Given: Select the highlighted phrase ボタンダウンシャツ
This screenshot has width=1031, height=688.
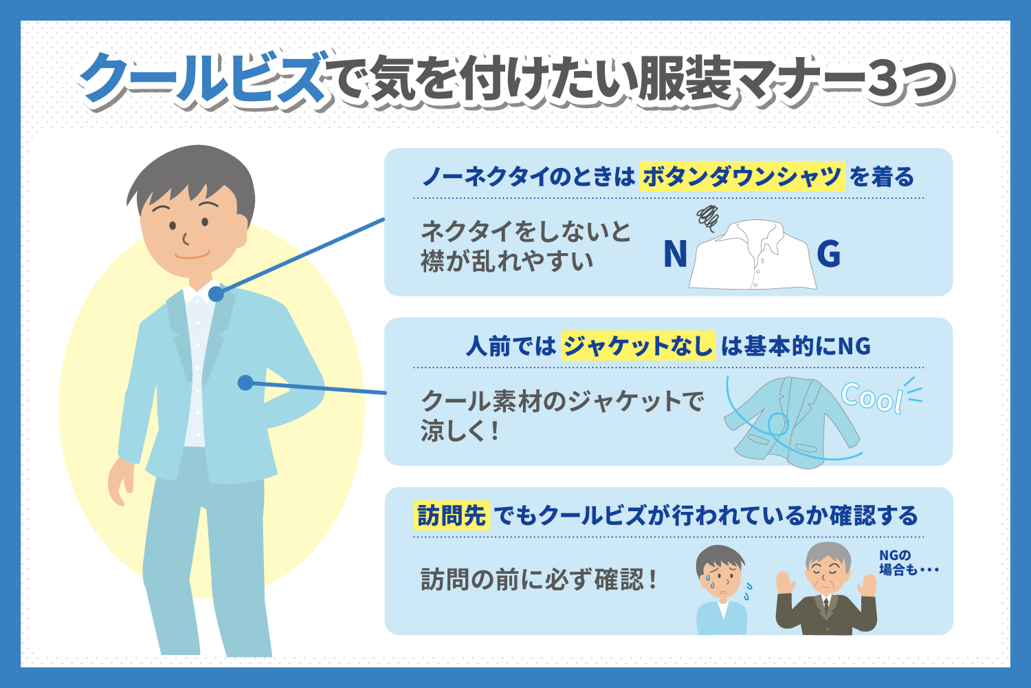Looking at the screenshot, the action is pyautogui.click(x=742, y=177).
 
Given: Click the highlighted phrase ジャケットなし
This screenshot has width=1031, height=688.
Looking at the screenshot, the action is pyautogui.click(x=638, y=345).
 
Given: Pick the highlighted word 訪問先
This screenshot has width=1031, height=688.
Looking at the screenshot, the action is pyautogui.click(x=452, y=515).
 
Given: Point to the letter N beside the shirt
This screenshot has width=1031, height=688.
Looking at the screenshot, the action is pyautogui.click(x=675, y=254).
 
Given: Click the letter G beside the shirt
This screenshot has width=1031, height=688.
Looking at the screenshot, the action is pyautogui.click(x=828, y=254).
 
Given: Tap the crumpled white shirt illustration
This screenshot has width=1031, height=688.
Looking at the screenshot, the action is pyautogui.click(x=752, y=255).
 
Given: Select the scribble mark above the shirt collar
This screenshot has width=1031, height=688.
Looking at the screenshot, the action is pyautogui.click(x=708, y=217).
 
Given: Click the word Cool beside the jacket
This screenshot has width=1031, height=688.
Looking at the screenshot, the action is pyautogui.click(x=872, y=397).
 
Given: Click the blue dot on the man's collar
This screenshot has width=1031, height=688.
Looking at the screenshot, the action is pyautogui.click(x=216, y=294).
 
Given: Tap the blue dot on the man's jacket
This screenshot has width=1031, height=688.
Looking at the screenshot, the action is pyautogui.click(x=246, y=383).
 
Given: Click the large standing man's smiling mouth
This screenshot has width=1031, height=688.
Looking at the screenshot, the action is pyautogui.click(x=192, y=255).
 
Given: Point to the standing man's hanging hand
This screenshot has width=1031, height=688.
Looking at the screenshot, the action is pyautogui.click(x=120, y=482).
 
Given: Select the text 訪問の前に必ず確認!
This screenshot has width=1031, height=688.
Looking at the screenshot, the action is pyautogui.click(x=539, y=580).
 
